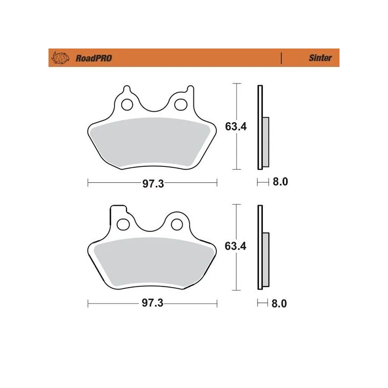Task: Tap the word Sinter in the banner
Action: click(x=321, y=58)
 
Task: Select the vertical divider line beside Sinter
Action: click(x=281, y=58)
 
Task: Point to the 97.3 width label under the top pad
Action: click(x=152, y=183)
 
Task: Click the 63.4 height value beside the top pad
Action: click(x=236, y=127)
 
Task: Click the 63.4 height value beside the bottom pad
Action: click(x=236, y=246)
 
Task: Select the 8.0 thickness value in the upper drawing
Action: click(x=280, y=182)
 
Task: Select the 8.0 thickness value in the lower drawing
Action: click(x=280, y=304)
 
